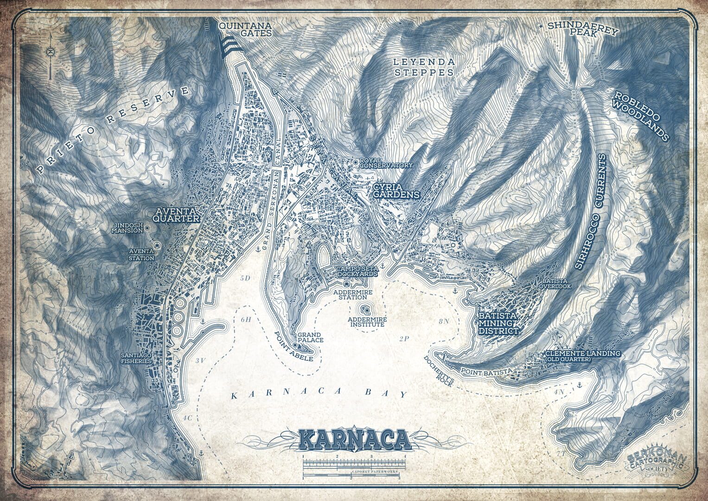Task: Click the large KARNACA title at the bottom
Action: coord(353,439)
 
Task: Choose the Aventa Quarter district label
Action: coord(177,215)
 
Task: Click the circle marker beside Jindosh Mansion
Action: coord(147,228)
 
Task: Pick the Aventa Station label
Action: coord(141,255)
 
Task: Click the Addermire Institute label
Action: coord(366,321)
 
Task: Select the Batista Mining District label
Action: coord(498,323)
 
